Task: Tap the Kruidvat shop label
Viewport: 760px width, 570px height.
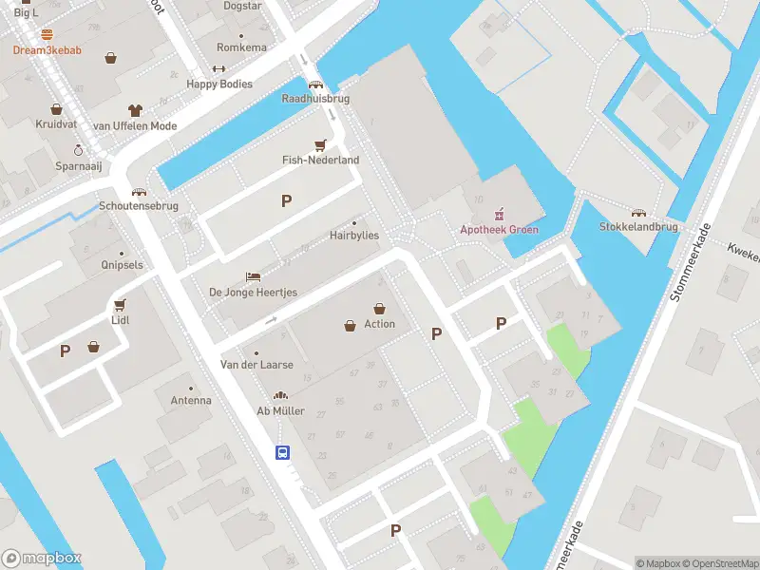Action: click(x=55, y=125)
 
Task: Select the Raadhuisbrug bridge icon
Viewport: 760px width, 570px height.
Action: click(x=315, y=84)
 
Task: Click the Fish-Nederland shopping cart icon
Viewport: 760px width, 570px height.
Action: click(x=321, y=145)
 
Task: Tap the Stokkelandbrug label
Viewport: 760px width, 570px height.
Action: click(x=638, y=227)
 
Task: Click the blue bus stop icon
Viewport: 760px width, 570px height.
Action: click(x=282, y=452)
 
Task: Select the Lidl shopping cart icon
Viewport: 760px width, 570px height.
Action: click(x=120, y=305)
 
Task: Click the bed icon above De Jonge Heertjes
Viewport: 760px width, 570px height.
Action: click(x=253, y=276)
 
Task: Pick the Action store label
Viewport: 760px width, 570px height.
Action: click(x=379, y=324)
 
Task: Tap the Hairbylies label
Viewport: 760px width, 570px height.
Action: click(x=354, y=236)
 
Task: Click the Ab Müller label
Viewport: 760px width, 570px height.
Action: click(x=280, y=411)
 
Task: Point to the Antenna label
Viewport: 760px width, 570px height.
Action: click(x=191, y=401)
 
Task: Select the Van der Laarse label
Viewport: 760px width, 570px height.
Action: click(x=256, y=365)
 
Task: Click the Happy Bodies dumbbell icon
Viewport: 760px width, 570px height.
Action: click(x=218, y=68)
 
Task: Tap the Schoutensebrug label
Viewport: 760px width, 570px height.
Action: click(x=138, y=206)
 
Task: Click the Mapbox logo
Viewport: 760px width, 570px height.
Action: click(x=42, y=559)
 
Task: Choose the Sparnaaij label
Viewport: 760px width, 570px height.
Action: click(x=78, y=165)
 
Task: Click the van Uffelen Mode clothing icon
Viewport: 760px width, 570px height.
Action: click(x=135, y=109)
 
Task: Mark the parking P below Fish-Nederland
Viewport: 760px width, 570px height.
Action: click(x=285, y=200)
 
